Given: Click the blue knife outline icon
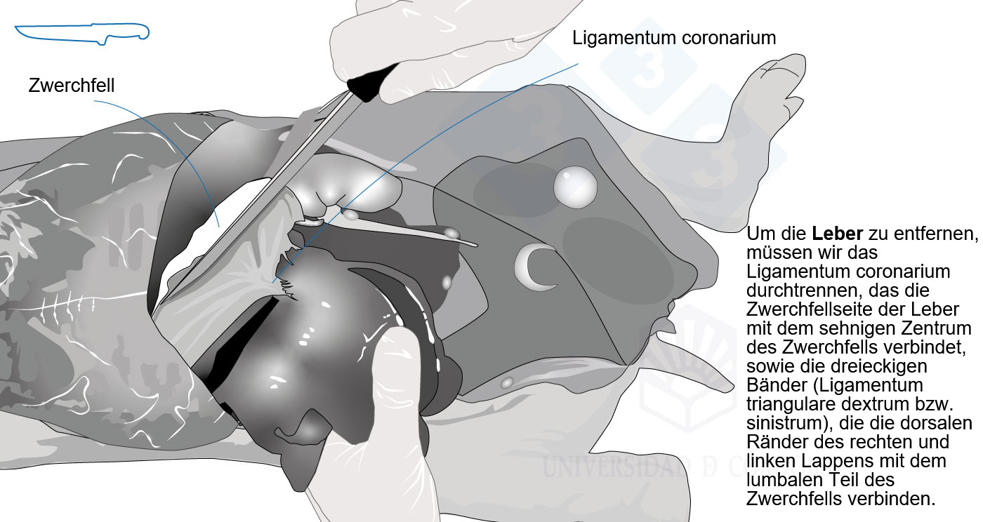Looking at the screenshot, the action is click(x=83, y=34).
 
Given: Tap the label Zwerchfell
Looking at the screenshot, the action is click(x=72, y=85).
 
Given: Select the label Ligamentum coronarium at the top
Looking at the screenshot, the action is click(x=674, y=38).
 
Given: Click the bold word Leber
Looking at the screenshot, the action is click(x=837, y=234).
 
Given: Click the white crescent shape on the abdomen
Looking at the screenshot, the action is click(x=532, y=267).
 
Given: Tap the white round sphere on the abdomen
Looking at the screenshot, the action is click(x=575, y=187).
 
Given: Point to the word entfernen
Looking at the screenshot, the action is click(x=936, y=234).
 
